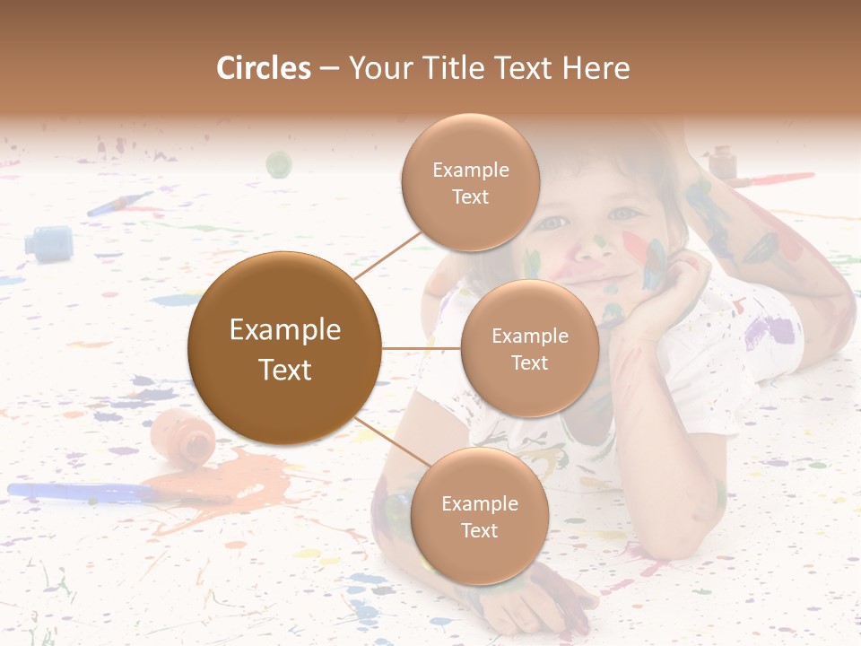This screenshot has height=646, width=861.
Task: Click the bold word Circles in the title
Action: (x=264, y=68)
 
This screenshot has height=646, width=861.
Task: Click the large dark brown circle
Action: (x=285, y=348)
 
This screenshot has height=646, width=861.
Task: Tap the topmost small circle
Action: (x=470, y=183)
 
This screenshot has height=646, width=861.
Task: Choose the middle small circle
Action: (x=529, y=348)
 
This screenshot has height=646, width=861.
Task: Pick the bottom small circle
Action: (x=479, y=517)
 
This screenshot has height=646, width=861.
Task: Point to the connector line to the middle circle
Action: (x=422, y=348)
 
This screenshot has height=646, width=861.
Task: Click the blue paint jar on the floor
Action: (x=48, y=242)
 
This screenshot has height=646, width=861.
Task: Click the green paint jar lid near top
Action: (x=279, y=164)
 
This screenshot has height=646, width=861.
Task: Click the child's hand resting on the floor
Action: (x=538, y=601)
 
